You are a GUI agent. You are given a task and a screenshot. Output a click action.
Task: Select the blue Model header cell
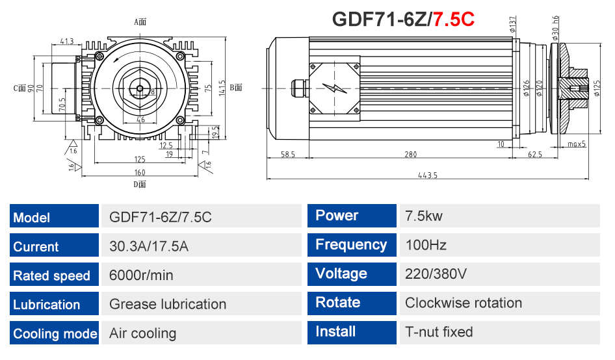pos(55,217)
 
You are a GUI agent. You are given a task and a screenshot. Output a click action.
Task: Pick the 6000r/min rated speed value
pos(142,275)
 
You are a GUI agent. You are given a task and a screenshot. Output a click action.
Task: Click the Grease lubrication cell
pos(168,304)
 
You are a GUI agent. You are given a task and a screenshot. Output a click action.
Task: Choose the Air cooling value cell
pos(143,333)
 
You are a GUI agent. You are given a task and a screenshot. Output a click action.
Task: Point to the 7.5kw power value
pos(424,216)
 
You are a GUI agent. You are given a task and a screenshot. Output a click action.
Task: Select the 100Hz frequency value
pos(426,245)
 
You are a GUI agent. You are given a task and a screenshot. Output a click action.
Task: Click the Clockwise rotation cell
pos(464,303)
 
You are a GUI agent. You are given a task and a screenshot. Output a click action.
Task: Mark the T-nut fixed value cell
pos(439,332)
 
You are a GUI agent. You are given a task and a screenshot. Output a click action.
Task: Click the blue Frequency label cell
pos(351,245)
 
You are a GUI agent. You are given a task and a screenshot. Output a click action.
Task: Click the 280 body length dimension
pos(410,155)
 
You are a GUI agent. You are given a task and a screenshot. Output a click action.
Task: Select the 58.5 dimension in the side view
pos(288,155)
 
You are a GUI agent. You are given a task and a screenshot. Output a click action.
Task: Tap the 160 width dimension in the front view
pos(140,173)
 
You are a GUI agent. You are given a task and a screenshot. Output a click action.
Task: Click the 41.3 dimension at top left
pos(66,41)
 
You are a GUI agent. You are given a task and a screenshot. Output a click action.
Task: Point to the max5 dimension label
pos(576,144)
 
